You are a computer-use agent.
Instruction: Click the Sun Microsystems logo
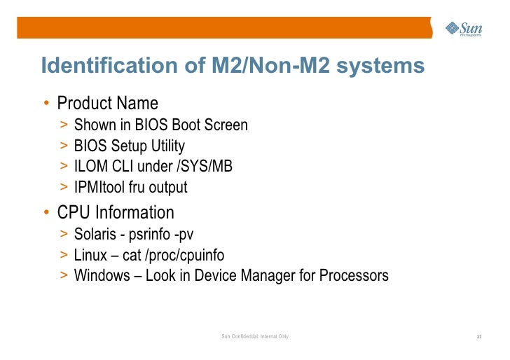[x=464, y=29]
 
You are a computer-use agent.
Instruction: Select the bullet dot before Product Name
[x=46, y=104]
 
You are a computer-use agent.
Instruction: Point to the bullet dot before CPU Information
[x=46, y=212]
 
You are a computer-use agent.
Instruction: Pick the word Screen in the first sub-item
[x=224, y=125]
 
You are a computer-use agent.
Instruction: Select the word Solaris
[x=95, y=234]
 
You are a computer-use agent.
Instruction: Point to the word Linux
[x=90, y=255]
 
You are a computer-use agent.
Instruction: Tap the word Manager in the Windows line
[x=269, y=276]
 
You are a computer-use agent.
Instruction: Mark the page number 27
[x=478, y=338]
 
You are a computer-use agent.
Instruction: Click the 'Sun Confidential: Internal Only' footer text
[x=255, y=338]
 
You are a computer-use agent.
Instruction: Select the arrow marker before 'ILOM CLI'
[x=64, y=167]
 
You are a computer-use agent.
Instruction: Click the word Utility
[x=165, y=146]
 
